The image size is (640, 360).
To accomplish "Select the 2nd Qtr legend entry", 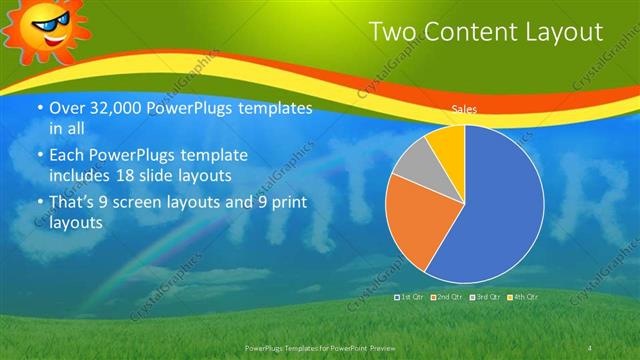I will [x=447, y=298].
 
